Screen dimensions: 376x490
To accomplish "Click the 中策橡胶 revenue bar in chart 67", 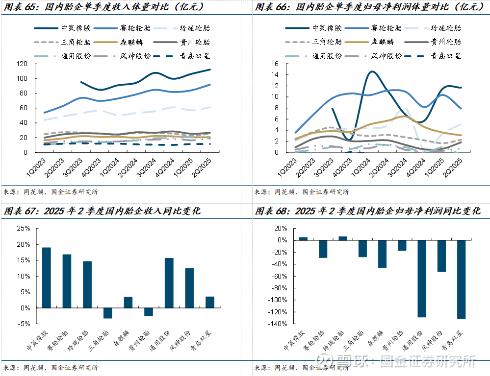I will (47, 278).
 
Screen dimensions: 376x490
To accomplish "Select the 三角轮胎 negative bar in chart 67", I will (107, 313).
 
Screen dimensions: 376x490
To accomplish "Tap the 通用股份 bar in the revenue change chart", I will (169, 283).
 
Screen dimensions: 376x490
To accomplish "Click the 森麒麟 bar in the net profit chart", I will (382, 254).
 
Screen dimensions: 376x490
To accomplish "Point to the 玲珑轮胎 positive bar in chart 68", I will (343, 238).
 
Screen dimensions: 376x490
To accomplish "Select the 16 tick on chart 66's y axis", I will (275, 64).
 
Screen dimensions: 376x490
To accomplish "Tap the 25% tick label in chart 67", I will (23, 228).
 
